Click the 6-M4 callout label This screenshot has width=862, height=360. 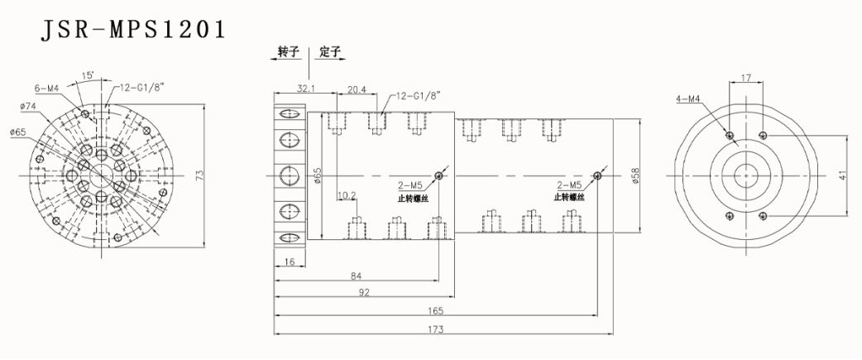pyautogui.click(x=46, y=88)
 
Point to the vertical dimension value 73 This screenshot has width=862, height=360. pyautogui.click(x=222, y=175)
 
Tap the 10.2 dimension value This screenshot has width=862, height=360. pyautogui.click(x=347, y=197)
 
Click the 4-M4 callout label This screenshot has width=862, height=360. pyautogui.click(x=688, y=99)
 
